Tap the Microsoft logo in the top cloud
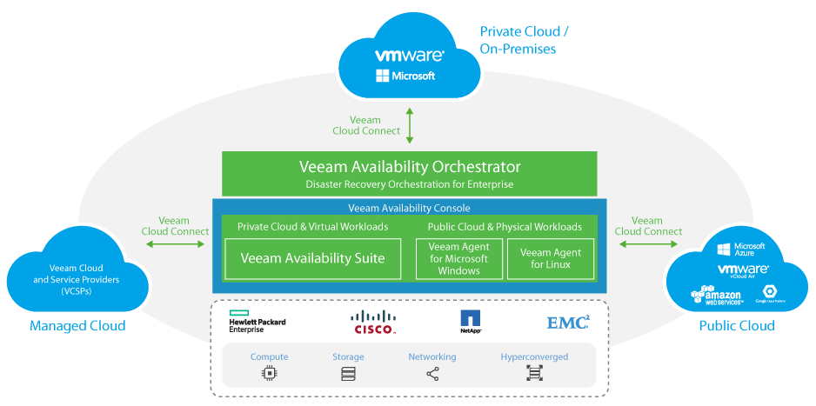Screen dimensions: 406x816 coord(405,76)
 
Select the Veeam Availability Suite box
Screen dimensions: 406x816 coord(312,258)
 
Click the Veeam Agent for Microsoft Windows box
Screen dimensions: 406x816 coord(458,258)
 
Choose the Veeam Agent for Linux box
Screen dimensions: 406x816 coord(551,258)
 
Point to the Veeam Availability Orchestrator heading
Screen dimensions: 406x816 coord(410,166)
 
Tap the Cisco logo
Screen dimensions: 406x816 coord(374,322)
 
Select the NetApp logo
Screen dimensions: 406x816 coord(471,323)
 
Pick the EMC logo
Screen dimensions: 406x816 coord(568,322)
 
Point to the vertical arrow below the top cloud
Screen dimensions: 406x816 coord(410,125)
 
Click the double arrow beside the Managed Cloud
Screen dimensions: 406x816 coord(176,244)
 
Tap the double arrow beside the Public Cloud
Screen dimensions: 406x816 coord(647,244)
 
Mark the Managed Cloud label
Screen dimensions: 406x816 coord(77,326)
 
